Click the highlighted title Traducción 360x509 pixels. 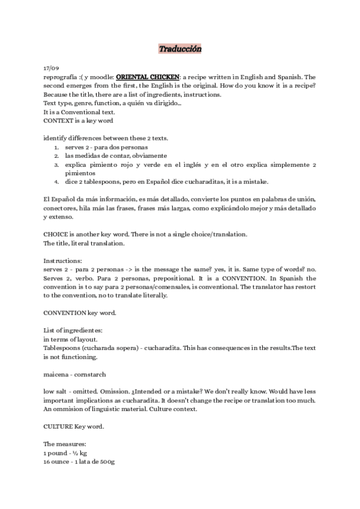(x=180, y=49)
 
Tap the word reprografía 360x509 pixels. (x=61, y=77)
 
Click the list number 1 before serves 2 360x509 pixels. (x=56, y=148)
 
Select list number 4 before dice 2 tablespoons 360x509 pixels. (x=56, y=181)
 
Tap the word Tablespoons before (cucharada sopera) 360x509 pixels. (x=62, y=348)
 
